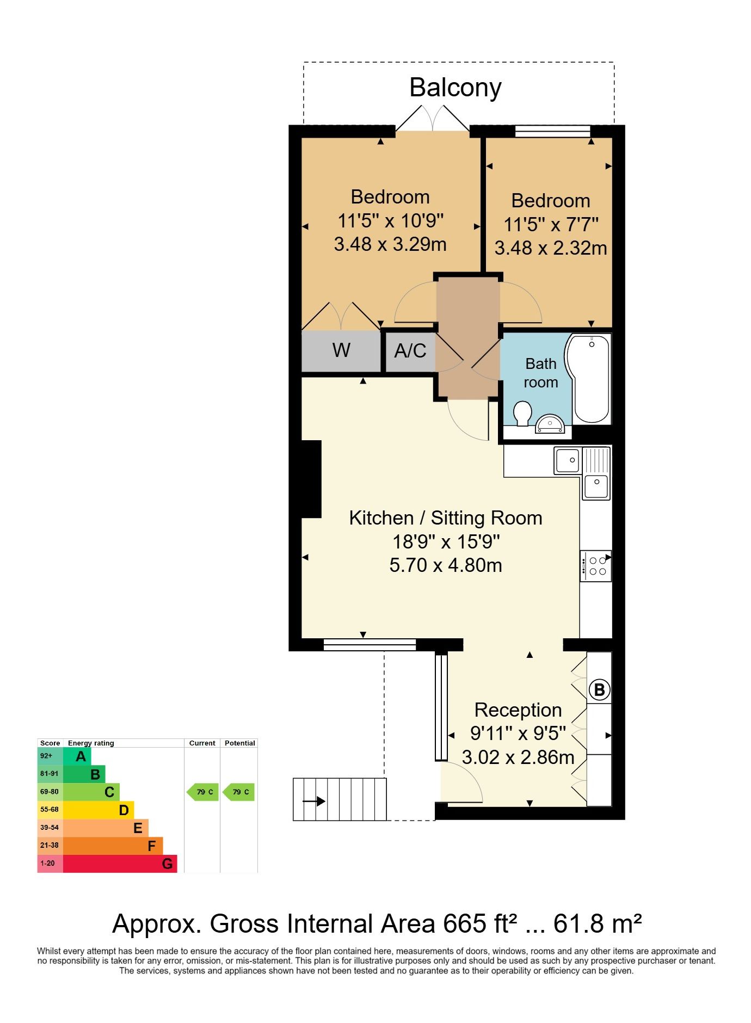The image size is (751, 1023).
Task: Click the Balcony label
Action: click(x=455, y=88)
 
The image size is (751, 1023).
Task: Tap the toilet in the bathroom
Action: click(x=522, y=414)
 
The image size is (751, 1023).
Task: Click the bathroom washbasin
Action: click(x=550, y=424)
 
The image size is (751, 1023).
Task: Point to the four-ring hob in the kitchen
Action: click(x=596, y=566)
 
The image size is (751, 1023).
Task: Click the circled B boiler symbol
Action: click(x=599, y=690)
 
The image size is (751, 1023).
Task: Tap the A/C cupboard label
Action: click(x=410, y=351)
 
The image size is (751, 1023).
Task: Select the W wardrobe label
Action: click(x=341, y=350)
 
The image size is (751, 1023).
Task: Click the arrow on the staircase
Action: click(x=313, y=801)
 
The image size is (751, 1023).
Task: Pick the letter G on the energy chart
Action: click(x=168, y=864)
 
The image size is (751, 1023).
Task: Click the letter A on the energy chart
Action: click(x=81, y=756)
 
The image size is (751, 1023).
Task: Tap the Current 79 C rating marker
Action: click(x=202, y=792)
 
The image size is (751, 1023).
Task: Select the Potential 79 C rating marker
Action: click(x=239, y=792)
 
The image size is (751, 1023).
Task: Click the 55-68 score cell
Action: click(x=50, y=810)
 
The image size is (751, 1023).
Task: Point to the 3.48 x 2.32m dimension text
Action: click(x=550, y=248)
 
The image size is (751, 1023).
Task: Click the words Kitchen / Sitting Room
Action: click(x=446, y=518)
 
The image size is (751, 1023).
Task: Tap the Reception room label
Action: click(x=518, y=710)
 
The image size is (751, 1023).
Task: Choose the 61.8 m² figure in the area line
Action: click(x=598, y=924)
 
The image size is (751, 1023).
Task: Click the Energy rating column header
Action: click(x=91, y=743)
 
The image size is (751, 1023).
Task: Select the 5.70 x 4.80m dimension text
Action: click(x=446, y=565)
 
